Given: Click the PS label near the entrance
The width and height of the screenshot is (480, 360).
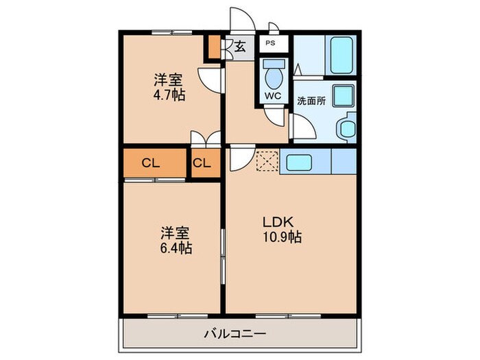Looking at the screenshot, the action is pyautogui.click(x=270, y=43).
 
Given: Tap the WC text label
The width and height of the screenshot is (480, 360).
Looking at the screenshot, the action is pyautogui.click(x=273, y=96).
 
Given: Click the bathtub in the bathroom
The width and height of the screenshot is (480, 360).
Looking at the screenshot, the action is pyautogui.click(x=341, y=56).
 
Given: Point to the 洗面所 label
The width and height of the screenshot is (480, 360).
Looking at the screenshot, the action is pyautogui.click(x=311, y=101).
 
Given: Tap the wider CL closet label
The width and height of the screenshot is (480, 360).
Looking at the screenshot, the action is pyautogui.click(x=151, y=163).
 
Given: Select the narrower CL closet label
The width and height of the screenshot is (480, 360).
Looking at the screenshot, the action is pyautogui.click(x=202, y=163).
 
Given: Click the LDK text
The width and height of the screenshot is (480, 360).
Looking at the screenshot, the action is pyautogui.click(x=278, y=222).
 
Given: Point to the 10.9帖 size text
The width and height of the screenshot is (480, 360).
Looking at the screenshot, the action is pyautogui.click(x=283, y=237).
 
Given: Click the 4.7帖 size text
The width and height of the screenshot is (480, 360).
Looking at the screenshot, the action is pyautogui.click(x=169, y=95).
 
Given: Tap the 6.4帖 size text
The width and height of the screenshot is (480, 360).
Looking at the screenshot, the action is pyautogui.click(x=176, y=248).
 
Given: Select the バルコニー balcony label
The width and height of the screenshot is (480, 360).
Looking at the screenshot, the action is pyautogui.click(x=235, y=333).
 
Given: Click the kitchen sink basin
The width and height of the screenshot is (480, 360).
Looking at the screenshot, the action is pyautogui.click(x=299, y=163).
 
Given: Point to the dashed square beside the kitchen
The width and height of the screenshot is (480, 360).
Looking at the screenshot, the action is pyautogui.click(x=267, y=161).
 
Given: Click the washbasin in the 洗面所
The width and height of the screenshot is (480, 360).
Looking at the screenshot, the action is pyautogui.click(x=346, y=128).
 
